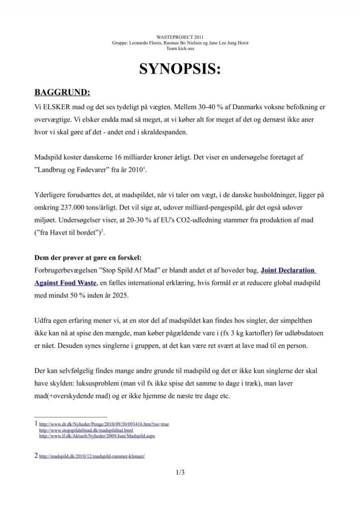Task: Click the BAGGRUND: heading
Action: click(62, 93)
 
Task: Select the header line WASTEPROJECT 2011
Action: click(180, 37)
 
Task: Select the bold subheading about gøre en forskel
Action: click(88, 258)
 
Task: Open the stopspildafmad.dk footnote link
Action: click(86, 430)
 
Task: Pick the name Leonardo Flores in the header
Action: click(146, 43)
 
